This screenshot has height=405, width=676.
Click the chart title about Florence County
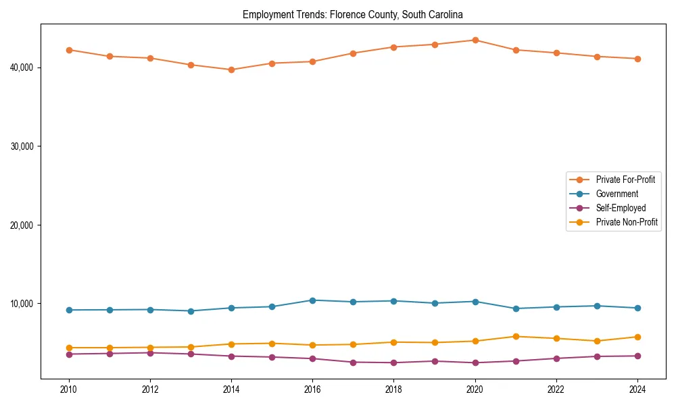(352, 14)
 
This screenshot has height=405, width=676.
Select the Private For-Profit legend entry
(625, 180)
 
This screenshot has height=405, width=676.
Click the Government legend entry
(617, 194)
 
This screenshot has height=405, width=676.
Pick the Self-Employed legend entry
(621, 208)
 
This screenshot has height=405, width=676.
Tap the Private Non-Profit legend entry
(627, 222)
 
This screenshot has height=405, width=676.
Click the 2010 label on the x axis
(68, 389)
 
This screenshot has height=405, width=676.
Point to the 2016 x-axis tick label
(312, 389)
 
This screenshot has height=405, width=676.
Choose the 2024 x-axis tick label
(637, 389)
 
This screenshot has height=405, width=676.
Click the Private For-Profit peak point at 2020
(475, 40)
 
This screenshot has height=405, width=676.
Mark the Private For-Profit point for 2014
(231, 70)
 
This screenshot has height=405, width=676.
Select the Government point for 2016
(312, 300)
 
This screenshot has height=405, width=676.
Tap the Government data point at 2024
(637, 308)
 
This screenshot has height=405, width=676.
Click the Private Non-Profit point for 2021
(516, 336)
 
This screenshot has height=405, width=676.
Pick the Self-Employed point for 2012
(150, 352)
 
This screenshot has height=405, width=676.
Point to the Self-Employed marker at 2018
(393, 362)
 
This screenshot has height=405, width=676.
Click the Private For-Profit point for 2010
(68, 50)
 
